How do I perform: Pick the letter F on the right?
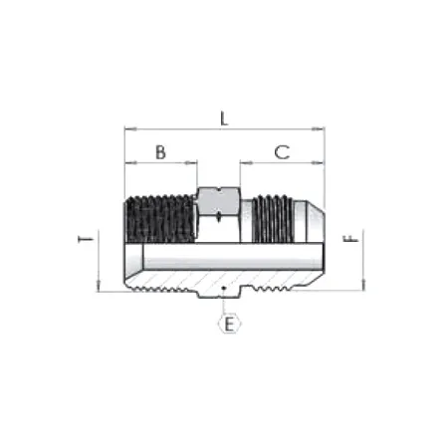[349, 241]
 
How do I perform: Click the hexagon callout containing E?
[228, 324]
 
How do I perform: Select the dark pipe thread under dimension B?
[159, 217]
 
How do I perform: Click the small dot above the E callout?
[227, 291]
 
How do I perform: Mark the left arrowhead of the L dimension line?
[127, 128]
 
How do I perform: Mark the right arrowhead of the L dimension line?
[323, 128]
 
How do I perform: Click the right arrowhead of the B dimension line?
[194, 163]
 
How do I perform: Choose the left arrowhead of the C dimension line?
[242, 163]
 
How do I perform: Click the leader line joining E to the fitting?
[227, 304]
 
